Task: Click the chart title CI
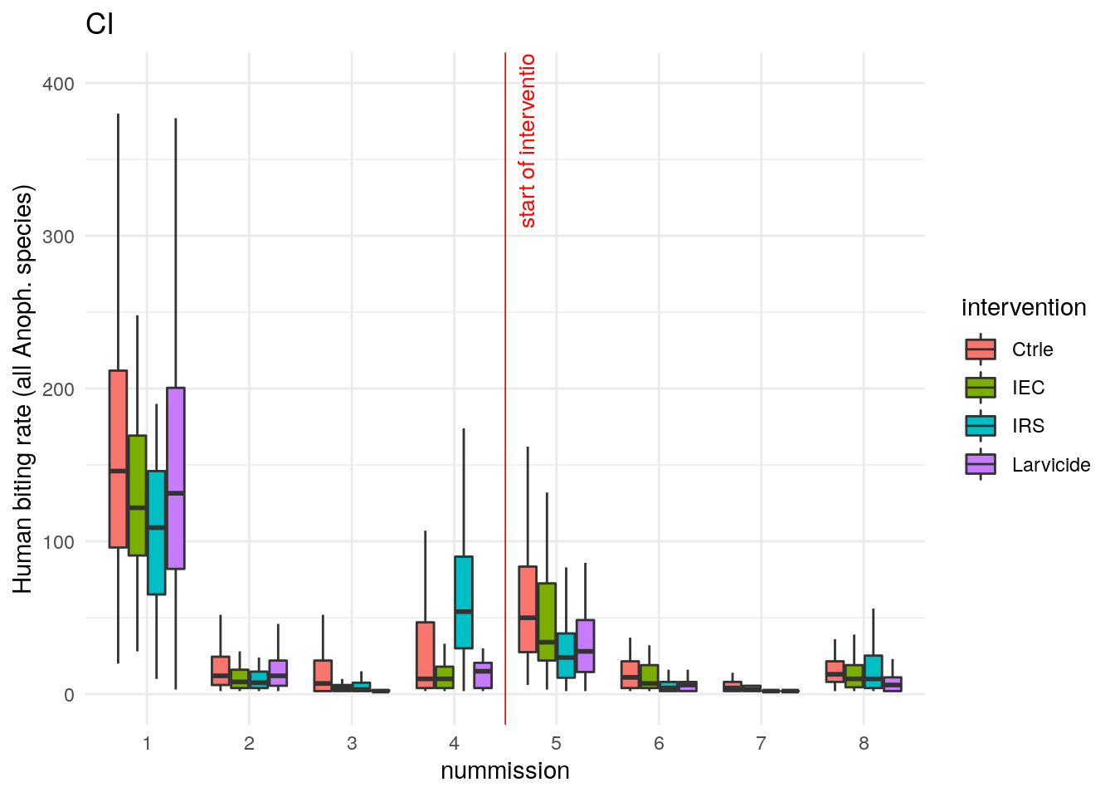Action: coord(100,25)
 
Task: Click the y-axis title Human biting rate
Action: coord(23,390)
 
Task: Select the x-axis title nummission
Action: coord(504,770)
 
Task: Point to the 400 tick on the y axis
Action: coord(57,84)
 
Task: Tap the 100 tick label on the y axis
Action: coord(57,542)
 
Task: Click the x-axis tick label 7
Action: coord(761,743)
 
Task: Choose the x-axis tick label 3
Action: coord(352,743)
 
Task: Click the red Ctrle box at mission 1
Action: coord(118,459)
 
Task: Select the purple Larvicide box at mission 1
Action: coord(176,478)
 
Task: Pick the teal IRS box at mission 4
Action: coord(464,602)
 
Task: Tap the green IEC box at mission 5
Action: coord(547,622)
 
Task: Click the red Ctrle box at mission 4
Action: coord(426,654)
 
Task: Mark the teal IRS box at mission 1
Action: coord(156,532)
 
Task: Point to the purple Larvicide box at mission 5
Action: coord(586,646)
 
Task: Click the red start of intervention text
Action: coord(528,141)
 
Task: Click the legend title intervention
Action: coord(1024,308)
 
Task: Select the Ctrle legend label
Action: coord(1032,350)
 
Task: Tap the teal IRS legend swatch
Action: coord(981,426)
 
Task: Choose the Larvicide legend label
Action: coord(1051,465)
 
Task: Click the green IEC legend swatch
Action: coord(981,388)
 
